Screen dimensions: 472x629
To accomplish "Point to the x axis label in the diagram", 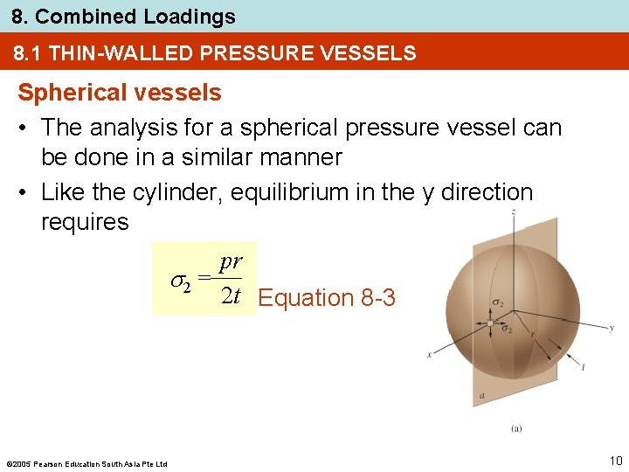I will click(x=430, y=354).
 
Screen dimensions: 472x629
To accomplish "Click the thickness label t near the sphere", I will click(x=583, y=368).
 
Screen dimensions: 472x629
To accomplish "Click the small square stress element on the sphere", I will click(x=490, y=322).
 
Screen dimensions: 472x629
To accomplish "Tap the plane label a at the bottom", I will click(x=481, y=396).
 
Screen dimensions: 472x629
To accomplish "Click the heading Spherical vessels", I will click(x=120, y=92).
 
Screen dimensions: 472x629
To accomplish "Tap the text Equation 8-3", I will click(x=328, y=298).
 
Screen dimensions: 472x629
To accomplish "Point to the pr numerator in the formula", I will click(x=232, y=262).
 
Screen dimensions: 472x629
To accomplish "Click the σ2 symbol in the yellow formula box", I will click(x=180, y=281).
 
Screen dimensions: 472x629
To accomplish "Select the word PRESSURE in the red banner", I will click(x=252, y=54).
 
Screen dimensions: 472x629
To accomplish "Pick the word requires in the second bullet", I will click(x=85, y=222).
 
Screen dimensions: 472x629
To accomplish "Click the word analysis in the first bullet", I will click(x=133, y=128).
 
